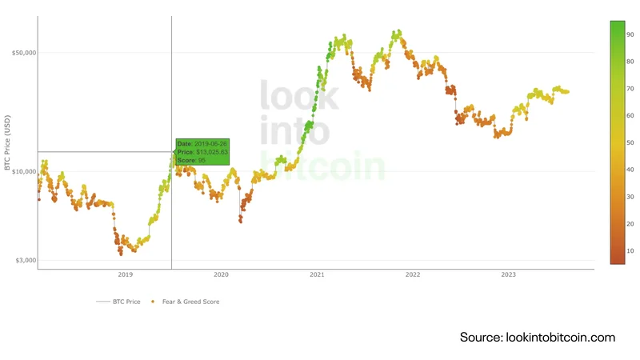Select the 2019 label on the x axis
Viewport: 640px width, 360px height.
125,274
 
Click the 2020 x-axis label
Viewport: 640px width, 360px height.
221,274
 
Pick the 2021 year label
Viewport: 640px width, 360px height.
317,274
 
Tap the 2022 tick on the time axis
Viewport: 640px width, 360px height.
413,274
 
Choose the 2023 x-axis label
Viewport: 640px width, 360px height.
508,274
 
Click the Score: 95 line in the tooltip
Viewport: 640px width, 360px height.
192,161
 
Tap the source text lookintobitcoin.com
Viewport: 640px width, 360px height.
537,338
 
